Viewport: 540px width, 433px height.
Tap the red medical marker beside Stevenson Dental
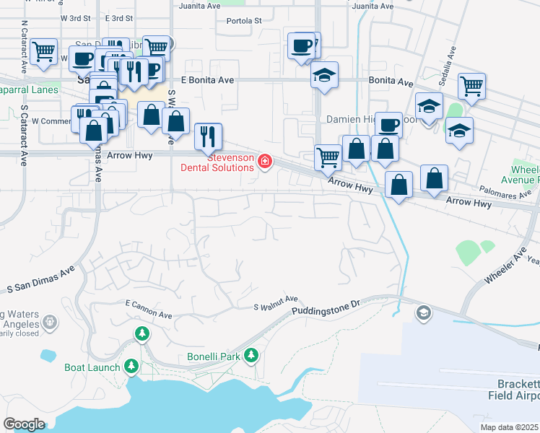pyautogui.click(x=265, y=160)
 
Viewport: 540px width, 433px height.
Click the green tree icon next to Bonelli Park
pyautogui.click(x=251, y=354)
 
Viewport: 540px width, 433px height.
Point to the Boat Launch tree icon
pyautogui.click(x=131, y=366)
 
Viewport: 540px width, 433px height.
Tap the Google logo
pyautogui.click(x=24, y=424)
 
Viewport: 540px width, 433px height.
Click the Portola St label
pyautogui.click(x=243, y=21)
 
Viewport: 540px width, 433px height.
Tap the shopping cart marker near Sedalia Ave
pyautogui.click(x=471, y=85)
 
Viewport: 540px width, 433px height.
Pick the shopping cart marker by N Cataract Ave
pyautogui.click(x=44, y=51)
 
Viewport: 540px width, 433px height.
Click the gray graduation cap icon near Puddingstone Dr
pyautogui.click(x=423, y=312)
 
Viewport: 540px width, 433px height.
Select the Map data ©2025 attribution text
pyautogui.click(x=510, y=427)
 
